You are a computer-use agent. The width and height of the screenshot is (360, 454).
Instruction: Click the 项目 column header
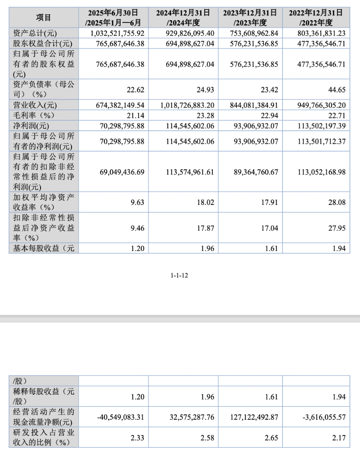click(43, 18)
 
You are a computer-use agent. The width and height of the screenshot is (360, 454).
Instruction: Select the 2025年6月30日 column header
click(113, 18)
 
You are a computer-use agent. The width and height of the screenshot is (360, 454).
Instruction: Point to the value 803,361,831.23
click(322, 33)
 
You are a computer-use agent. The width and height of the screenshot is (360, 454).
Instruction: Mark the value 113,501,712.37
click(322, 141)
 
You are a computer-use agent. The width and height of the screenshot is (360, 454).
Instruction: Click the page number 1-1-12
click(180, 276)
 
